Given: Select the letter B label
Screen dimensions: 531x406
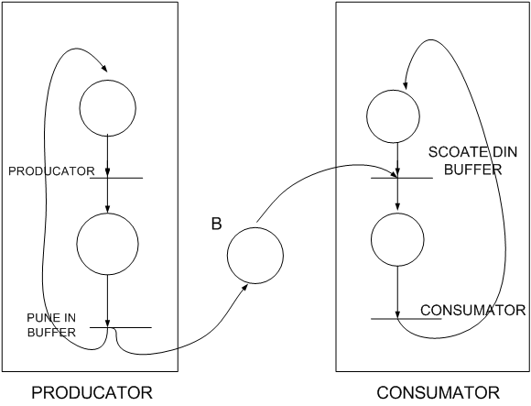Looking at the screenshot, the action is (216, 224).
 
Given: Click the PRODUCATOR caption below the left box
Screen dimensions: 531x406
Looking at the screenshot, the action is (92, 393).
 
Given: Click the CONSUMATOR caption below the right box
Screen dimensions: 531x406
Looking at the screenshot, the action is (438, 393).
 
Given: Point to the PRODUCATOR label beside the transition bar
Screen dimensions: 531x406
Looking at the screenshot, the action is (51, 171).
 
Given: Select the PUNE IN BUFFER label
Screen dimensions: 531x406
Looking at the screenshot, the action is (51, 325).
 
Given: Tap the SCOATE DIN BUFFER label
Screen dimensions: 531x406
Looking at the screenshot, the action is (472, 160).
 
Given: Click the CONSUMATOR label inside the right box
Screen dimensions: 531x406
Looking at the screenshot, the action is (472, 310).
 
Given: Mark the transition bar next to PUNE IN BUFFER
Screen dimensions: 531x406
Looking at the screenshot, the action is (121, 327).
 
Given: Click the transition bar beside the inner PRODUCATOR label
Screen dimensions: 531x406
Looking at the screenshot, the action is (116, 178).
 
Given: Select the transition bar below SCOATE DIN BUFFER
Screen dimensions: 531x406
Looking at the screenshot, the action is (402, 178).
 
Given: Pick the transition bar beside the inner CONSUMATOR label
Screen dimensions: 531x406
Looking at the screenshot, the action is (406, 319).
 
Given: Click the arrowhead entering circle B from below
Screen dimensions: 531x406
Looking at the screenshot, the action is (244, 287).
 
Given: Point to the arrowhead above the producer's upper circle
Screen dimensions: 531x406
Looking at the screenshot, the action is (104, 69).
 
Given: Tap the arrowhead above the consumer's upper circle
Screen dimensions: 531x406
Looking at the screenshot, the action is (405, 86).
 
